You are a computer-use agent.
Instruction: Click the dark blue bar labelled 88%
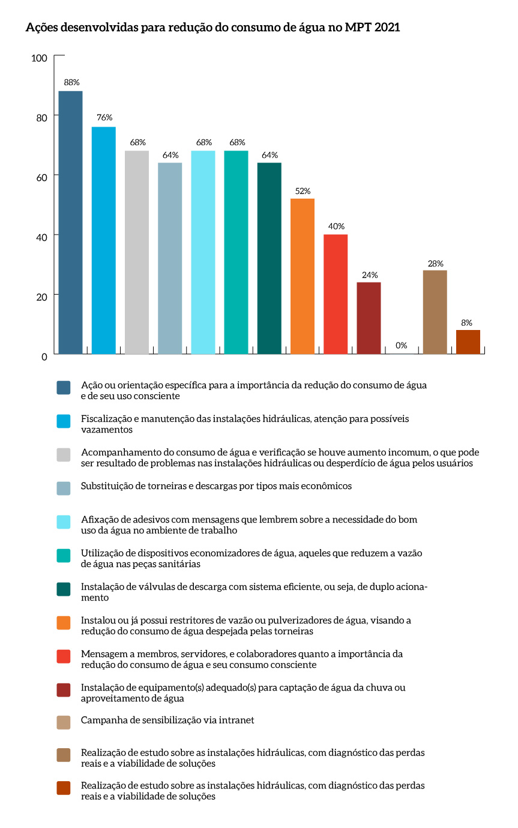[70, 222]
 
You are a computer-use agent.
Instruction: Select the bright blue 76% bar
[103, 240]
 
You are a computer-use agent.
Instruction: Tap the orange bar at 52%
[303, 276]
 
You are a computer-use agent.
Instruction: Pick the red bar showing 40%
[336, 294]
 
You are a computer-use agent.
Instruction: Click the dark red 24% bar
[369, 318]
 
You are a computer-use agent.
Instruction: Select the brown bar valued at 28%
[435, 312]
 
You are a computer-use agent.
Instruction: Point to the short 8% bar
[468, 342]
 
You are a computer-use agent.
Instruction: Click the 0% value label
[402, 345]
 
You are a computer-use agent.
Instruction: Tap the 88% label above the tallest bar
[71, 82]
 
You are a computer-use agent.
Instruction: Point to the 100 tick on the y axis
[40, 58]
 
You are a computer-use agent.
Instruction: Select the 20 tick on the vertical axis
[41, 296]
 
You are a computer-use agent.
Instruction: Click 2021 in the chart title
[387, 28]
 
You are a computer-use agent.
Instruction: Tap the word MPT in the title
[358, 28]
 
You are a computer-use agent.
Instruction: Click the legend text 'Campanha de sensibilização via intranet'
[167, 719]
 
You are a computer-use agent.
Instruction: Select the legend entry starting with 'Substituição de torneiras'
[216, 485]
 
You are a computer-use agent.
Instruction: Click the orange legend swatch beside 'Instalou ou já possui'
[64, 623]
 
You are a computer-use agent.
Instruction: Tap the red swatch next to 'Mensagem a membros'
[64, 656]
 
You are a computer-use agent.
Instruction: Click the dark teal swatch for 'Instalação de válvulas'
[64, 589]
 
